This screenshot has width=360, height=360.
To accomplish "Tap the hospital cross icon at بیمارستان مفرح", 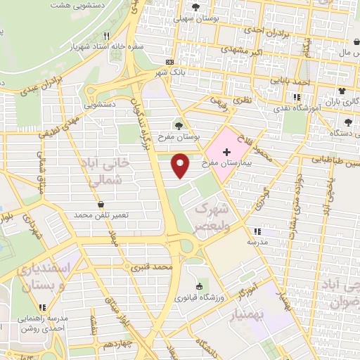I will [x=226, y=153].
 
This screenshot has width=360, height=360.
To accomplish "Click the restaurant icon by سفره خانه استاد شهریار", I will [x=106, y=35].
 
